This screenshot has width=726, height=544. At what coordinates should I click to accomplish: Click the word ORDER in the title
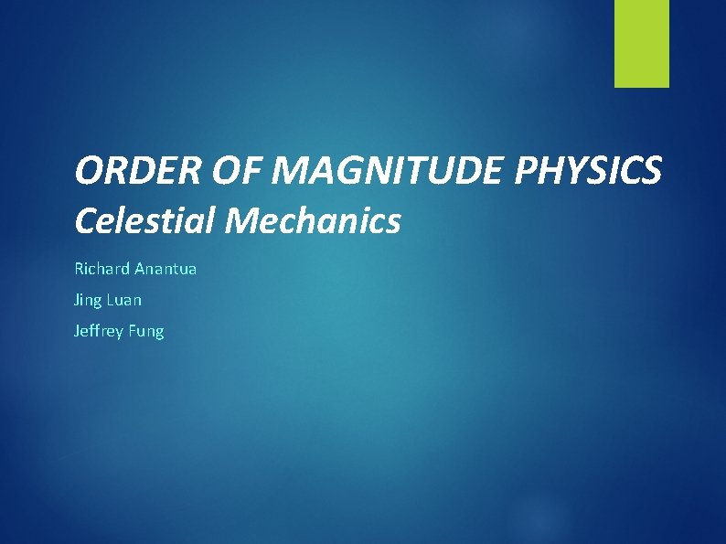point(124,170)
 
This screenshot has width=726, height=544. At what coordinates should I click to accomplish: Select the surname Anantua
point(165,270)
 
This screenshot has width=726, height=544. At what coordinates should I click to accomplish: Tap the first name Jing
point(88,300)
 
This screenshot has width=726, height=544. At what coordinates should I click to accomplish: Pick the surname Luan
point(123,300)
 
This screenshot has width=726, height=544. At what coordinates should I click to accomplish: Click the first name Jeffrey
point(99,331)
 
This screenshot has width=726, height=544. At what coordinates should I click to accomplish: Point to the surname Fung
point(146,331)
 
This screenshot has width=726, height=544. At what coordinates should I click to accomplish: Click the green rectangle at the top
point(641,43)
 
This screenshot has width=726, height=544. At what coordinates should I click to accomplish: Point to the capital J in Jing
point(76,300)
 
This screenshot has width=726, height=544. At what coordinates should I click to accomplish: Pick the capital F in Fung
point(133,330)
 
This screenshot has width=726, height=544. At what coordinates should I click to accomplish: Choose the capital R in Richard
point(79,270)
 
